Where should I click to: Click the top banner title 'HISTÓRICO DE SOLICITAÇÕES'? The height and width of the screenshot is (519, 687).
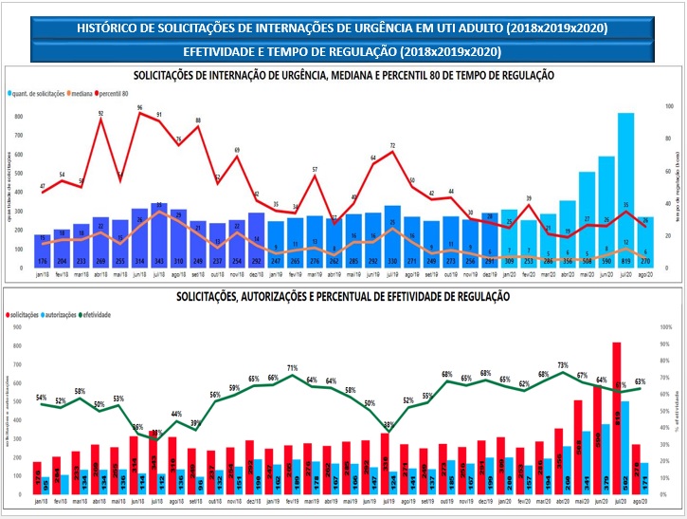click(342, 29)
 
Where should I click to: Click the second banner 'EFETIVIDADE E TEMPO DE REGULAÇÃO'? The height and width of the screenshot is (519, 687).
click(342, 50)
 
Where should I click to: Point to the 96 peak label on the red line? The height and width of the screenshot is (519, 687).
click(139, 108)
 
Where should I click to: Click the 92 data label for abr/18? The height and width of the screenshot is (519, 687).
click(100, 114)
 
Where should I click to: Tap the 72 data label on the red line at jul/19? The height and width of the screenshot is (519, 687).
click(392, 146)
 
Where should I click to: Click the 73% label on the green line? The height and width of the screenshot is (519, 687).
click(563, 365)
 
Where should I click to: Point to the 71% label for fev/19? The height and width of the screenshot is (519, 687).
click(293, 367)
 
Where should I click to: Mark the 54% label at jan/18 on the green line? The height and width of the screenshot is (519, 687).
click(41, 398)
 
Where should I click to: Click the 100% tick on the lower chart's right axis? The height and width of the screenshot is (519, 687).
click(665, 327)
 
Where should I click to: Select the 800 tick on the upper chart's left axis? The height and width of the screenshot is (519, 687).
click(19, 116)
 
